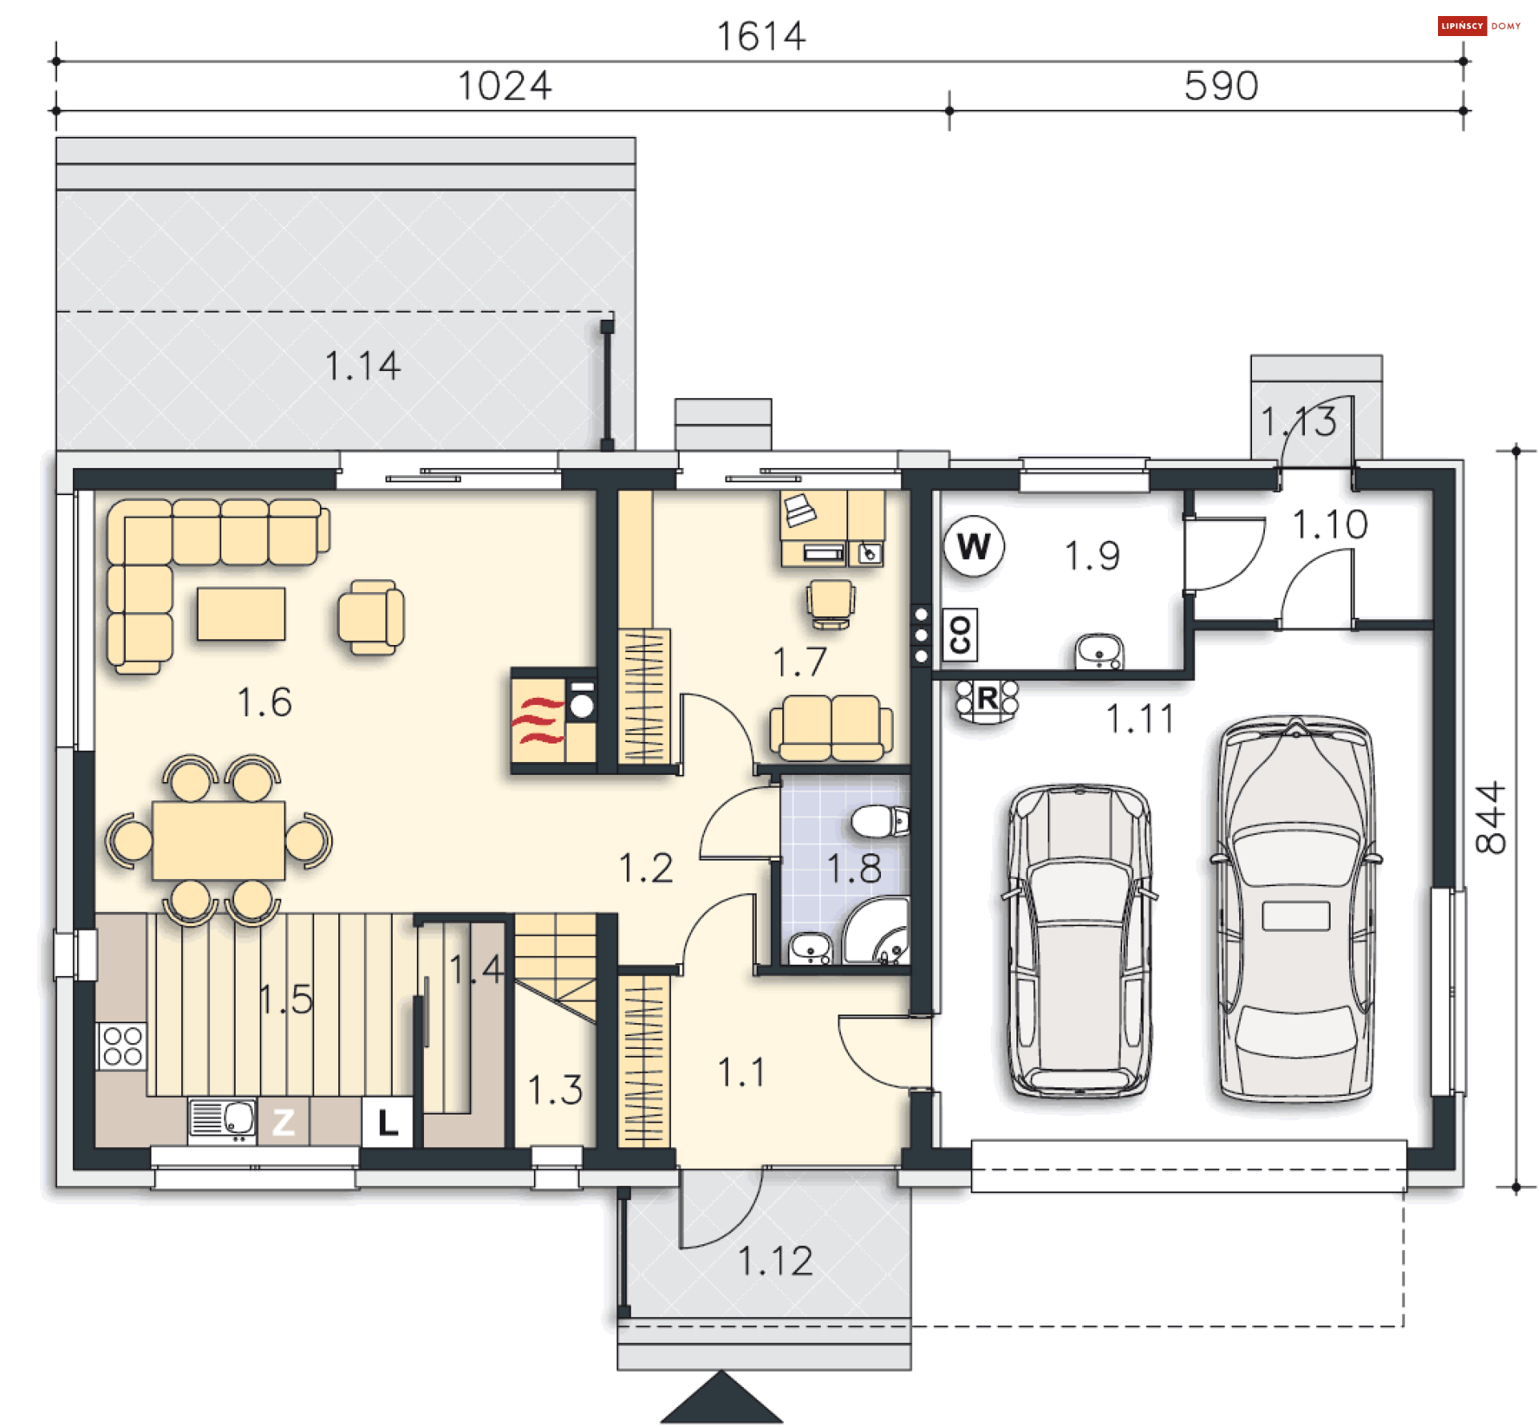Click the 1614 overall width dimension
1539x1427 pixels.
click(760, 37)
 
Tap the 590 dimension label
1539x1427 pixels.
click(1220, 86)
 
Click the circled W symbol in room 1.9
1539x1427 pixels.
click(973, 546)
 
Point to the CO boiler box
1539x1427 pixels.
click(959, 635)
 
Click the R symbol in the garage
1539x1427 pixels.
click(987, 699)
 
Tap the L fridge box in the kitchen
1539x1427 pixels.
click(387, 1122)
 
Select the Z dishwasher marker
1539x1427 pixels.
click(283, 1122)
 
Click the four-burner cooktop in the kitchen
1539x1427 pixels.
click(122, 1046)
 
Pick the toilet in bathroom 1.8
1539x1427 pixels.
click(879, 822)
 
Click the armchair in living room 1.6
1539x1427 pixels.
click(370, 617)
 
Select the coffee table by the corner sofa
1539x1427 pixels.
click(240, 614)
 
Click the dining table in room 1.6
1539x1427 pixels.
click(218, 840)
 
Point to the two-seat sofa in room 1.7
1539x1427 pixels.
click(830, 728)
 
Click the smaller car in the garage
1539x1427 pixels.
click(1078, 941)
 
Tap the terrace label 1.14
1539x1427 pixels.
click(362, 366)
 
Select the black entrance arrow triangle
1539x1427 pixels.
click(721, 1401)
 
